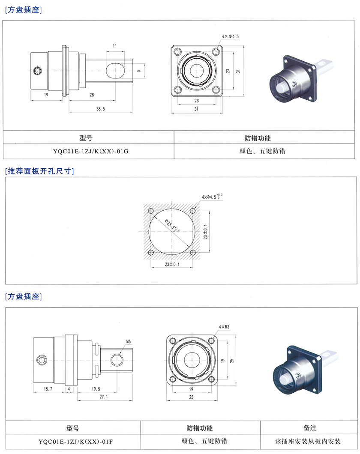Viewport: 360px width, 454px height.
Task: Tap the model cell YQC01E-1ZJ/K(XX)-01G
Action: pyautogui.click(x=89, y=152)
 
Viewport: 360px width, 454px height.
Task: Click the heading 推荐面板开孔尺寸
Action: pyautogui.click(x=39, y=171)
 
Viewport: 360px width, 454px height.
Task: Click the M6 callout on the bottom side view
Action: pyautogui.click(x=128, y=341)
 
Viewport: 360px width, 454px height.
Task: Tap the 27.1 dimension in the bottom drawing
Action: pyautogui.click(x=103, y=397)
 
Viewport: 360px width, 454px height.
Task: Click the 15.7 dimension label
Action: pyautogui.click(x=48, y=389)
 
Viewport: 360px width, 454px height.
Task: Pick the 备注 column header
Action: pyautogui.click(x=309, y=428)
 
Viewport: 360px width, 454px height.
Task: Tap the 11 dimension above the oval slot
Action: pyautogui.click(x=114, y=45)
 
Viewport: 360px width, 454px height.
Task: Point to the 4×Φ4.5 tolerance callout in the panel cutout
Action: pyautogui.click(x=212, y=197)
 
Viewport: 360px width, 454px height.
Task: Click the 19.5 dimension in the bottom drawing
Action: pyautogui.click(x=96, y=389)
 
